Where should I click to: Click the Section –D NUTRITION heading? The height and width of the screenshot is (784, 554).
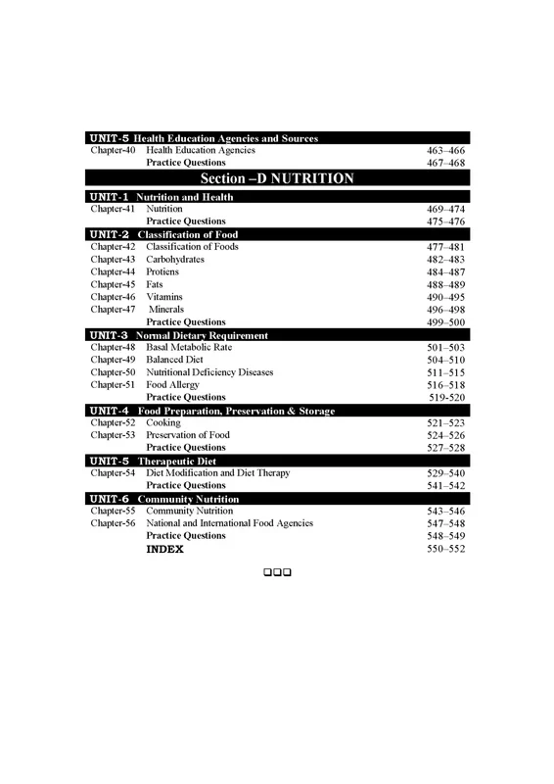[x=277, y=179]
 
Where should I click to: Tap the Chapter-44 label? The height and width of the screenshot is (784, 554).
[x=113, y=271]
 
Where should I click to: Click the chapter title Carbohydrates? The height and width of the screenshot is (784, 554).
[x=178, y=260]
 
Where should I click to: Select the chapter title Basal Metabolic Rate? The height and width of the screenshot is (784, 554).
[x=192, y=348]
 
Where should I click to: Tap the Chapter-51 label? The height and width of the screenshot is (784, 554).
[x=113, y=385]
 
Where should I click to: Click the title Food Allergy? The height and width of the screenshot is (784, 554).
[x=172, y=385]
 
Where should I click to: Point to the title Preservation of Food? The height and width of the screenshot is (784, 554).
[x=188, y=435]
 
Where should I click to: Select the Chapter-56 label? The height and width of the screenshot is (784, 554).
[x=113, y=523]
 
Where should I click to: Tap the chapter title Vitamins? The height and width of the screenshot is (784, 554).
[x=164, y=297]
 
